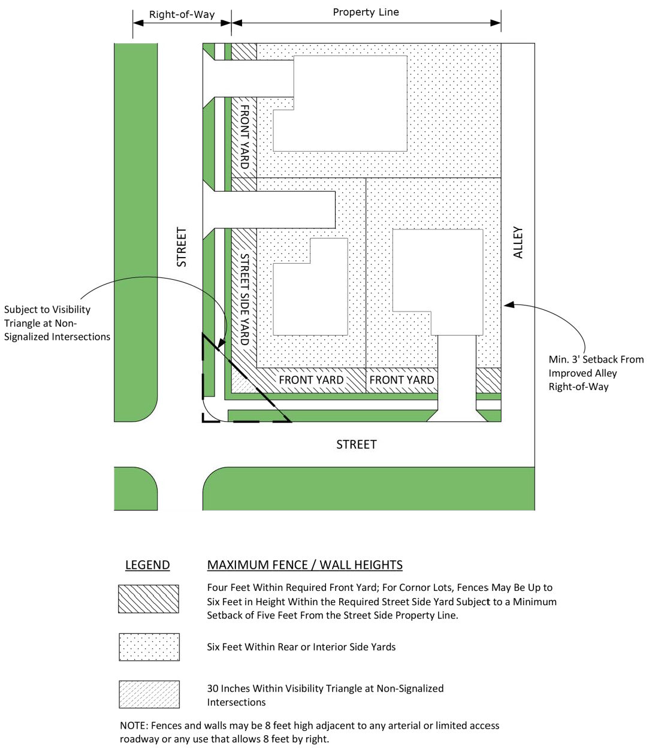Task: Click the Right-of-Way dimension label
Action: point(182,14)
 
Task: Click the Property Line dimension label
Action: point(366,12)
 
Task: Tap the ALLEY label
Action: point(518,242)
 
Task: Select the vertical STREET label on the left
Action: point(182,247)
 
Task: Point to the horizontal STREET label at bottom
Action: point(356,445)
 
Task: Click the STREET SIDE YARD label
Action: point(244,298)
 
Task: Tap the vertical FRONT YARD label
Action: point(244,137)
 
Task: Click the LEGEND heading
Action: point(147,565)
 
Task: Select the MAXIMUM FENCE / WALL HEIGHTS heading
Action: point(304,565)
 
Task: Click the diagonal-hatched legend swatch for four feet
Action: point(149,599)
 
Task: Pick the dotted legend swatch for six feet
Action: point(149,647)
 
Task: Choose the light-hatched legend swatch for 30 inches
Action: point(149,694)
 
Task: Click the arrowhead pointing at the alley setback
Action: point(508,305)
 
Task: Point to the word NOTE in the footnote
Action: point(132,726)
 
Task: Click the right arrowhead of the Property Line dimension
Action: point(496,23)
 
